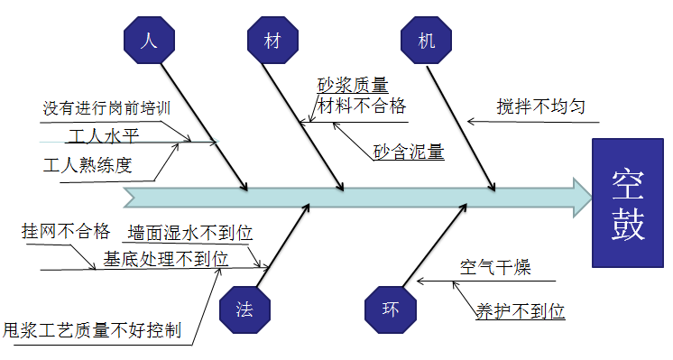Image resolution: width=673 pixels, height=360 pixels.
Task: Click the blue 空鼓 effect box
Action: pos(628,204)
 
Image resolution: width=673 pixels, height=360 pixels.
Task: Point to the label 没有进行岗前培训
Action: pos(106,109)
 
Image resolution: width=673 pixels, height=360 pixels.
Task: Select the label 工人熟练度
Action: pos(88,165)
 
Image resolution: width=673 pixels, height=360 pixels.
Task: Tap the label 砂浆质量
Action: pos(353,86)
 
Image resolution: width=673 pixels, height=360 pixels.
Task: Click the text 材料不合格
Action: pos(360,107)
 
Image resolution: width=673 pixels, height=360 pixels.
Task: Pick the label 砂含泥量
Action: pos(409,151)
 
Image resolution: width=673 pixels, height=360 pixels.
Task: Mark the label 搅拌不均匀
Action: pos(540,107)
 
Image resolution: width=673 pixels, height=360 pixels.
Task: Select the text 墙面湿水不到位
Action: pos(189,233)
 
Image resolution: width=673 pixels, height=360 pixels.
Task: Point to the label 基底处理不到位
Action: pos(165,258)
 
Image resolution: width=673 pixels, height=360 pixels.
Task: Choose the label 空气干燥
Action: pos(495,268)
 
